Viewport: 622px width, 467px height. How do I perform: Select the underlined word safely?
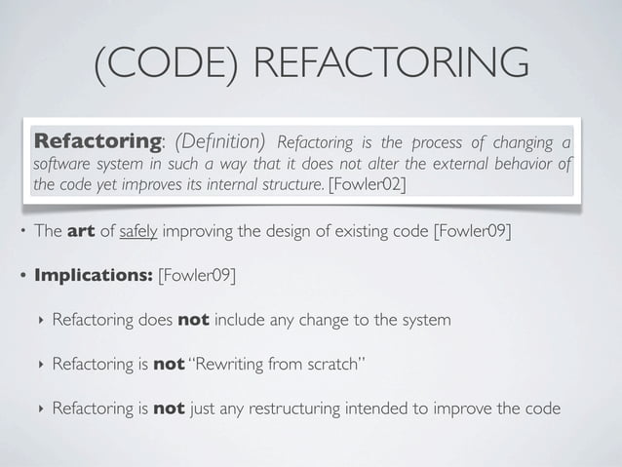point(140,231)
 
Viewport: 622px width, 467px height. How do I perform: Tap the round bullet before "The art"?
point(20,232)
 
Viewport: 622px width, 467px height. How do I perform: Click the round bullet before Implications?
point(20,275)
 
